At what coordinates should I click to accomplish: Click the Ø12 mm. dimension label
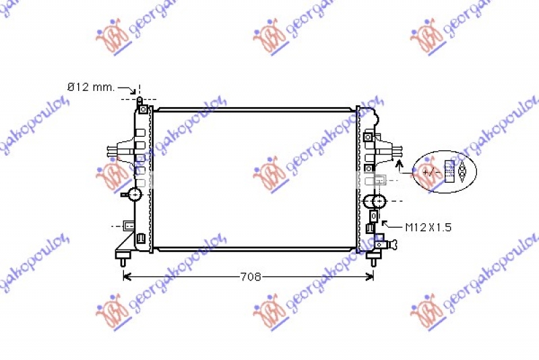(90, 88)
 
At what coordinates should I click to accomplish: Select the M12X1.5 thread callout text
(428, 227)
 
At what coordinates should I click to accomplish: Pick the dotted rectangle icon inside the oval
(449, 172)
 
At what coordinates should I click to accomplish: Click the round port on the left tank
(135, 195)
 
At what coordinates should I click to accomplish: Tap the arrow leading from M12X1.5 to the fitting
(385, 224)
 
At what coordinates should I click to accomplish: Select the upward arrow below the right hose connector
(400, 164)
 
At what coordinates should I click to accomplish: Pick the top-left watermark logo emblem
(111, 37)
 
